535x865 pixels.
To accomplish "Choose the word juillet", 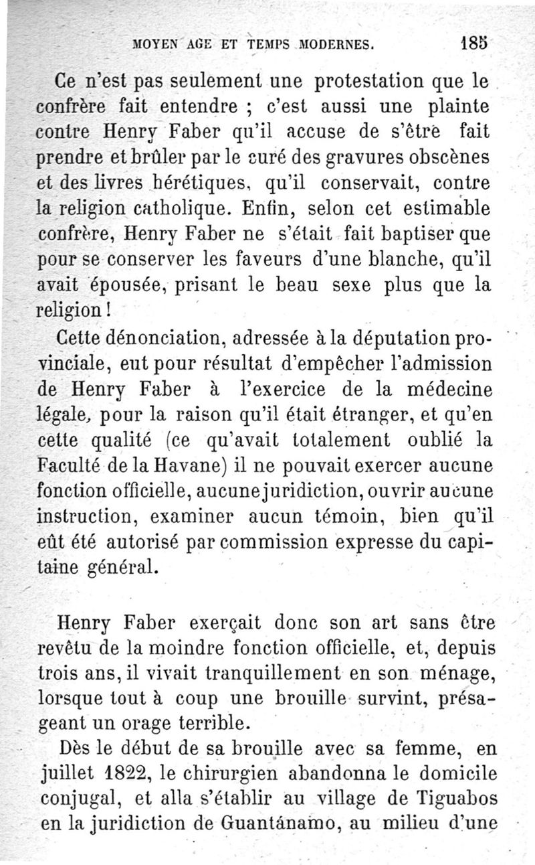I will (67, 775).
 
